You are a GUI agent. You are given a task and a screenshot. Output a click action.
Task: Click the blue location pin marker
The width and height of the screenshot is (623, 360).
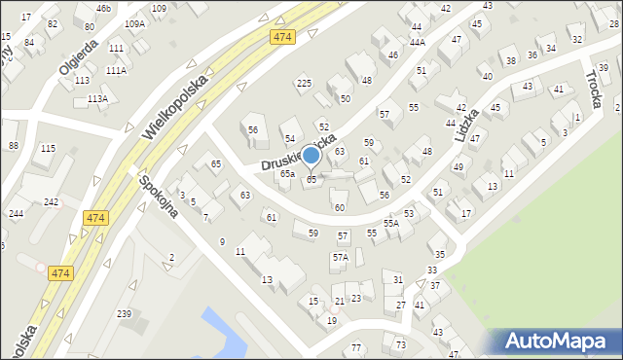311,156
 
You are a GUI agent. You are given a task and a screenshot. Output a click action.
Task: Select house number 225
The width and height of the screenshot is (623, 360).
304,84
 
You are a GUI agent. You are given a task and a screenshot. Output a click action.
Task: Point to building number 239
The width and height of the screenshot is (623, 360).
124,313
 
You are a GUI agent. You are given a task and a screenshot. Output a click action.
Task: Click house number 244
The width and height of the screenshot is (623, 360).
16,214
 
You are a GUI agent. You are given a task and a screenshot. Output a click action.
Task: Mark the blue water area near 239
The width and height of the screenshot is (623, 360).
226,332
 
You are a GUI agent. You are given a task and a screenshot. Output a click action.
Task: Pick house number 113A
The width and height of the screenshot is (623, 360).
97,99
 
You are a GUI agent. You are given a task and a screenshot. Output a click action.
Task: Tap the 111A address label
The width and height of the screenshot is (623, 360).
116,71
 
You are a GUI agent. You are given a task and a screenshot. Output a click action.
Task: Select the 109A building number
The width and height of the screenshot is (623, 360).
134,24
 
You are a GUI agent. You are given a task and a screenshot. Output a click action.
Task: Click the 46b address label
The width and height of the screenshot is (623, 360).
103,8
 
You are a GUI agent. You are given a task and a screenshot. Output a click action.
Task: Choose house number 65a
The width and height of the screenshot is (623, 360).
287,174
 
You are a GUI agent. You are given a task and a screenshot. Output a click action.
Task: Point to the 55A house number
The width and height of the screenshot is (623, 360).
391,223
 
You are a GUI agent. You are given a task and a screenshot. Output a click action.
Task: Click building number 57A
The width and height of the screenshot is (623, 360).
340,258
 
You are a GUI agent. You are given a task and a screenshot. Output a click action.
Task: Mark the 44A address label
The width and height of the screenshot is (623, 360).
417,42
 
